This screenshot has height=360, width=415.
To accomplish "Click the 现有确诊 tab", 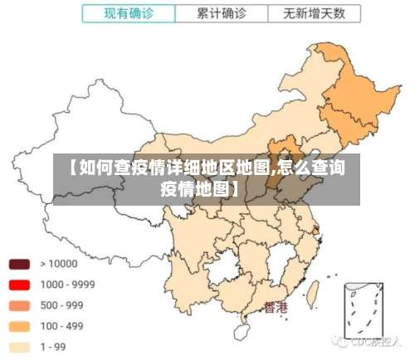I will pos(129,14).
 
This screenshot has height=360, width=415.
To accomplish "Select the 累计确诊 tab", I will pos(221,14).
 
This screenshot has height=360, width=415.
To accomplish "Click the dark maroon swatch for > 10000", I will pos(20,265).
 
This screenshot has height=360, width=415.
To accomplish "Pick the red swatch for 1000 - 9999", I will pos(20,285).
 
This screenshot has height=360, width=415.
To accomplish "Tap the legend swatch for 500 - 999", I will pos(20,306).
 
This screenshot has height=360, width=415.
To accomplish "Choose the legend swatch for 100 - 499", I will pos(20,327).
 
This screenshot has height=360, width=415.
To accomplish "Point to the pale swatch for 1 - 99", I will pos(20,347).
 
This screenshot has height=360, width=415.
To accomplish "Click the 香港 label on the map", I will pos(276,308).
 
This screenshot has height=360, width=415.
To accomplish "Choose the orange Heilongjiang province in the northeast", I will pos(349,91).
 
